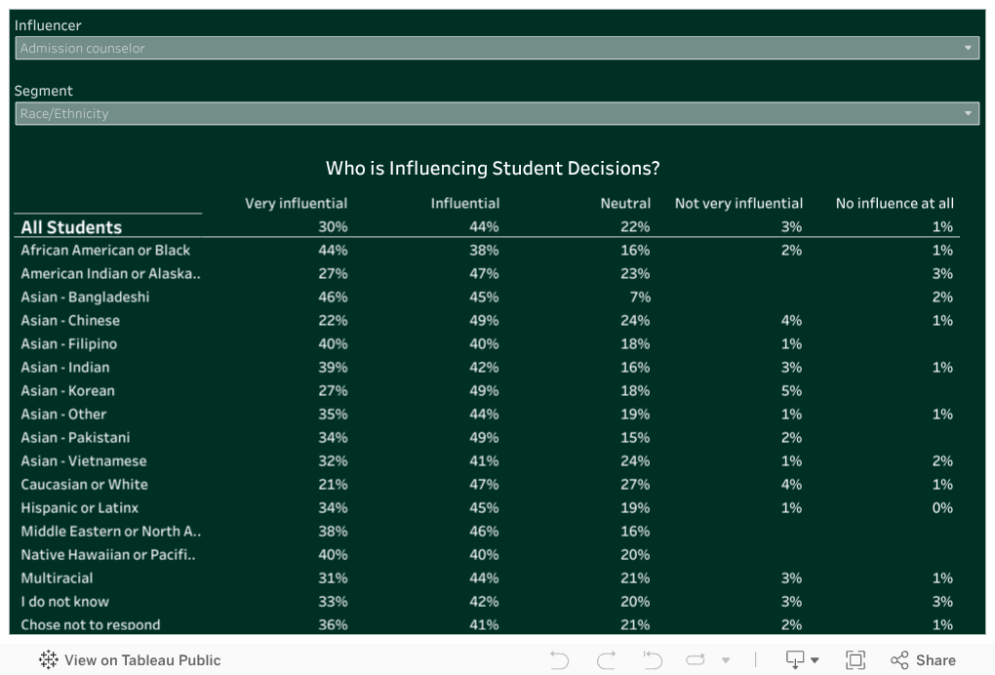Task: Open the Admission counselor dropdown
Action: coord(497,48)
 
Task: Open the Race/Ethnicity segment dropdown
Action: coord(497,113)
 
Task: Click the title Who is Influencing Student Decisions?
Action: coord(493,169)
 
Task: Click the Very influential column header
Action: coord(296,203)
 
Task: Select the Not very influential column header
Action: coord(738,203)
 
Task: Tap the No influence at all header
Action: coord(895,203)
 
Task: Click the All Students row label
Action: coord(71,227)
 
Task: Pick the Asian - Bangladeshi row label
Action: coord(85,297)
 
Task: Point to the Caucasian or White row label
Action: coord(84,484)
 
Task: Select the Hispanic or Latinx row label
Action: coord(80,507)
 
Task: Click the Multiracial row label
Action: coord(59,577)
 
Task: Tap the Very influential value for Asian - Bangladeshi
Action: coord(333,297)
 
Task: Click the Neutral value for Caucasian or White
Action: coord(635,484)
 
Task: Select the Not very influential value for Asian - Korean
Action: coord(791,390)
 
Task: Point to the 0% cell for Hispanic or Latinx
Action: coord(941,507)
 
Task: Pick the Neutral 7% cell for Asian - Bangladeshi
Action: coord(640,297)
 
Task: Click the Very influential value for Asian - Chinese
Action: coord(333,320)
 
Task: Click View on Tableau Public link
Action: coord(130,660)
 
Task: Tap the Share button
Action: coord(923,660)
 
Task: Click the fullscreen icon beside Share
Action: coord(856,660)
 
